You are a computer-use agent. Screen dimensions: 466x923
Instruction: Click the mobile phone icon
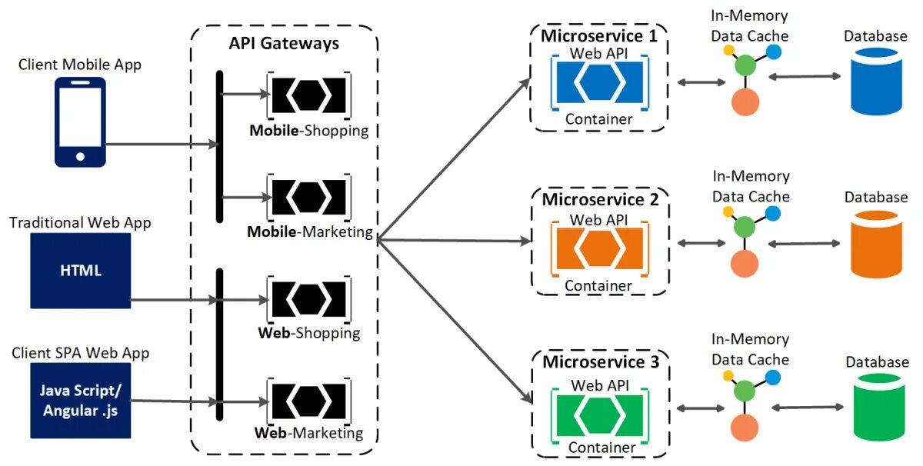[x=80, y=122]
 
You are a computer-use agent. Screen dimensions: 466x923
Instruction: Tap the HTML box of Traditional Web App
[x=81, y=271]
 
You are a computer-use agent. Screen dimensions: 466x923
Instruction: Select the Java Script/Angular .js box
[x=81, y=401]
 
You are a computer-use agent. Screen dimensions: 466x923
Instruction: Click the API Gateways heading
[x=284, y=43]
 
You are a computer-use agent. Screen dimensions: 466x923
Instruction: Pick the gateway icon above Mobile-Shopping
[x=308, y=95]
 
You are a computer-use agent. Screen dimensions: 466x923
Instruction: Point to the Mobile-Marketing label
[x=310, y=231]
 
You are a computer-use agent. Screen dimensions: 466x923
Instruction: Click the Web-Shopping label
[x=309, y=333]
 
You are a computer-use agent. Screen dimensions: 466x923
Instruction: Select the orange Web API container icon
[x=598, y=245]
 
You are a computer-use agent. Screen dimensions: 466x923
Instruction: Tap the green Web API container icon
[x=598, y=411]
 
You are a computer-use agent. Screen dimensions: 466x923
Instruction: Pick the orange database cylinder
[x=875, y=245]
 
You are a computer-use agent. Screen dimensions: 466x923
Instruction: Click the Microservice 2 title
[x=600, y=200]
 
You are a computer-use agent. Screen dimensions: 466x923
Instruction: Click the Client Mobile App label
[x=80, y=65]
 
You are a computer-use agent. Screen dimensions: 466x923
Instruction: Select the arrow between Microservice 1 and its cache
[x=696, y=80]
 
